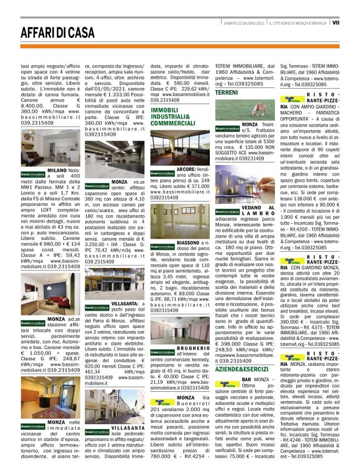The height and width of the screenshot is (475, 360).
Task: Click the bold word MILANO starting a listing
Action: coord(56,169)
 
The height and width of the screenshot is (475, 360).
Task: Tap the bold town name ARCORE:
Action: coord(186,169)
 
